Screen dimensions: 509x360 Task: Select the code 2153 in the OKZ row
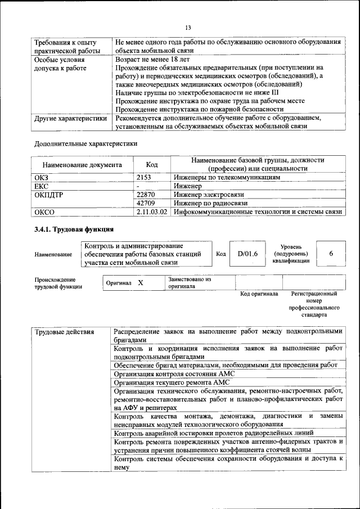[145, 177]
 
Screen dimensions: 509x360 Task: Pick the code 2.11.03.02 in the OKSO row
[152, 212]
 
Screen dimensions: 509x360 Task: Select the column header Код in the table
[152, 165]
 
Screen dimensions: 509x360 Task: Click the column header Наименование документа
[83, 165]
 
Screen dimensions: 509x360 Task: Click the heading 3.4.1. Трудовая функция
[74, 229]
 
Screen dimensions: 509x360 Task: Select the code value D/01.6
[247, 254]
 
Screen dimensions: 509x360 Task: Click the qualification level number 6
[331, 254]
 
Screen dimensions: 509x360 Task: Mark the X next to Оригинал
[141, 283]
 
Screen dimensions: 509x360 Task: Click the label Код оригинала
[259, 294]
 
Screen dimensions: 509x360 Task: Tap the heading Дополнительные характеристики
[85, 143]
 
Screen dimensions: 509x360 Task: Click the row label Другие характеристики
[70, 119]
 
